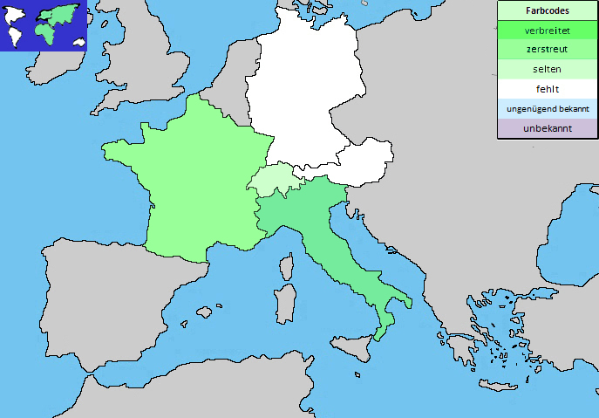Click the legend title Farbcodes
(548, 11)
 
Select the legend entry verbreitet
(548, 31)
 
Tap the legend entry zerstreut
(548, 50)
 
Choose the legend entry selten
(548, 69)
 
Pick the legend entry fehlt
(548, 89)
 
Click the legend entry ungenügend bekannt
(548, 109)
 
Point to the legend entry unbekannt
(548, 128)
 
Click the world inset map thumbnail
(44, 25)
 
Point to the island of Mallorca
(206, 312)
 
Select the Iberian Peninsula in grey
(105, 297)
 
